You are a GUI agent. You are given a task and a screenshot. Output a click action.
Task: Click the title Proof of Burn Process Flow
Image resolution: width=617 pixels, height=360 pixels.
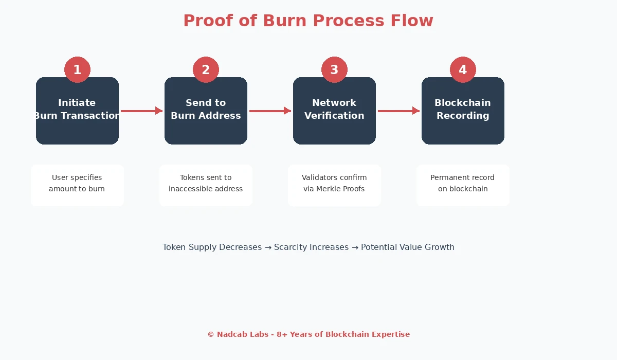point(308,21)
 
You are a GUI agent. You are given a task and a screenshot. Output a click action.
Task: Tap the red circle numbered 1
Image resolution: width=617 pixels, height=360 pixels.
point(77,69)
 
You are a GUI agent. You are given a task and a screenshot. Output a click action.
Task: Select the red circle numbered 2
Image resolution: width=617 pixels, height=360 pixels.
point(206,69)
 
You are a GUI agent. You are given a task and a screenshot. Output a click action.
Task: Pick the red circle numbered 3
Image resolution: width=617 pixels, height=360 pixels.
point(334,69)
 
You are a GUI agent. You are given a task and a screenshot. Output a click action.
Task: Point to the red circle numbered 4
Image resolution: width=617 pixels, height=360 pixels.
point(463,69)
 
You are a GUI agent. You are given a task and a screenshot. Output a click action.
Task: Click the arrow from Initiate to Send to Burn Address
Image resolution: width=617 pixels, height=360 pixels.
point(141,111)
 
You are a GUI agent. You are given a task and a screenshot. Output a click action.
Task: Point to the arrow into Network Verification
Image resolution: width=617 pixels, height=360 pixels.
point(270,111)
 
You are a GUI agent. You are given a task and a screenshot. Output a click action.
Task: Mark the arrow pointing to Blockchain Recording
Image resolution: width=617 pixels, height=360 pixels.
point(398,111)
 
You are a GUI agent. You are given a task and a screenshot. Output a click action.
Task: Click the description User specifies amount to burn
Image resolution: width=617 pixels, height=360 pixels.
point(77,183)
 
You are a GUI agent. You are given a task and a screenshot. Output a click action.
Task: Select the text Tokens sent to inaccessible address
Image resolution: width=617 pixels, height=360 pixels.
point(206,183)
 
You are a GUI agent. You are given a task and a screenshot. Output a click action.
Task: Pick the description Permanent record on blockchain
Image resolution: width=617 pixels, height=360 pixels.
point(463,183)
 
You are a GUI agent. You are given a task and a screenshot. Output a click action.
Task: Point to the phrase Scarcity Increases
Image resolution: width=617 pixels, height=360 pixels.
point(311,247)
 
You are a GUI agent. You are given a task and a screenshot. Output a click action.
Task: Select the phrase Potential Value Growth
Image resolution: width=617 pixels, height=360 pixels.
point(407,247)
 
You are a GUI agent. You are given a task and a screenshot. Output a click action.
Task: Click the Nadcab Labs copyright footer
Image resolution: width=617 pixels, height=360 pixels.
point(308,334)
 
